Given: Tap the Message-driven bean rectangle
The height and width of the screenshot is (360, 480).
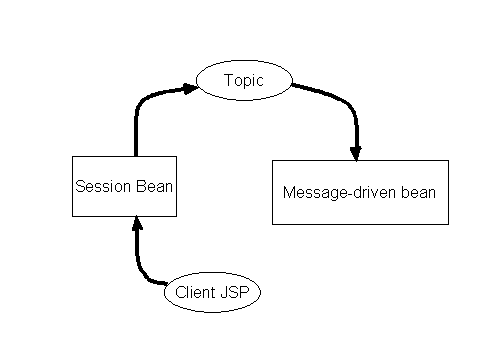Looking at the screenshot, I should pyautogui.click(x=360, y=192).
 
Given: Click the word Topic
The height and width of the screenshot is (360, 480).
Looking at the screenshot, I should pyautogui.click(x=244, y=81).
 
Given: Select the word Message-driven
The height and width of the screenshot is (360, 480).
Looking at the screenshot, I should pyautogui.click(x=332, y=193).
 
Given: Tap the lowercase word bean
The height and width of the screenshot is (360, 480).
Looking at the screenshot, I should pyautogui.click(x=418, y=193).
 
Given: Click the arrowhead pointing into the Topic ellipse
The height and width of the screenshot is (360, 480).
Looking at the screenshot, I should pyautogui.click(x=190, y=88).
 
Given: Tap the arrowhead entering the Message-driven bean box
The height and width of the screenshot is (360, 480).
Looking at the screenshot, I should pyautogui.click(x=356, y=152).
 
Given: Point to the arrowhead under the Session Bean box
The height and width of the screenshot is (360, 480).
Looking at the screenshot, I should pyautogui.click(x=137, y=224).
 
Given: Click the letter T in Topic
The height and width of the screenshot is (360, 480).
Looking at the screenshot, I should pyautogui.click(x=228, y=81).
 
